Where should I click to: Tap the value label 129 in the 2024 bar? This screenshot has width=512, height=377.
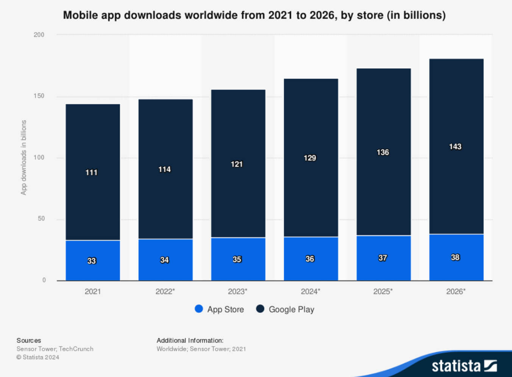click(310, 158)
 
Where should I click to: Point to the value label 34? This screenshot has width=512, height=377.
click(164, 260)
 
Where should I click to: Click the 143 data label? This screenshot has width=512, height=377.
click(455, 146)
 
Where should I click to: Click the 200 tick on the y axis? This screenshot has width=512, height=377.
click(39, 35)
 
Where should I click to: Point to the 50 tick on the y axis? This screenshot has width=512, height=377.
click(41, 219)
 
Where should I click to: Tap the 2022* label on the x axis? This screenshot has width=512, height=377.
click(165, 291)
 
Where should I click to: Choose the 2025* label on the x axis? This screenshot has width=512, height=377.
click(383, 291)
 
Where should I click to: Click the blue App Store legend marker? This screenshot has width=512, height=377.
click(199, 309)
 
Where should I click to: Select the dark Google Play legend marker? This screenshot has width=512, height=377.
click(260, 309)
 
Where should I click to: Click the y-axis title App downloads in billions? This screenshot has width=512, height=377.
click(24, 157)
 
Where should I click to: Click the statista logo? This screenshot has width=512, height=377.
click(464, 366)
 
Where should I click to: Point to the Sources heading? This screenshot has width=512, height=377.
click(29, 340)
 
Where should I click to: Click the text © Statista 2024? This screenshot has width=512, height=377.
click(38, 357)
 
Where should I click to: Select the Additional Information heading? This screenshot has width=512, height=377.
click(190, 340)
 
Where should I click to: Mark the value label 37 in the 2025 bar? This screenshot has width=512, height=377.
click(382, 258)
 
